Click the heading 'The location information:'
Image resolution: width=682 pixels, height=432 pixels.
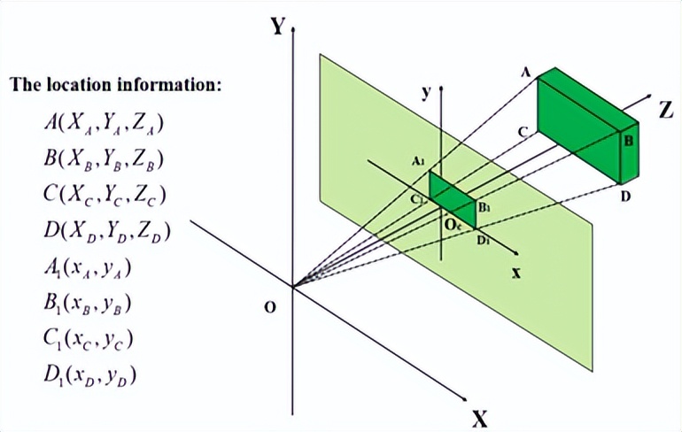coord(115,86)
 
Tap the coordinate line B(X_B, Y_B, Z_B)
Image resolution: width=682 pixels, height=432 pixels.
coord(105,158)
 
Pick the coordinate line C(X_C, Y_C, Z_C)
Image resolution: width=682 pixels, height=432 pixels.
coord(105,195)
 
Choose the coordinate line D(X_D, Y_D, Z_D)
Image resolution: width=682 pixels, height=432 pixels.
coord(105,231)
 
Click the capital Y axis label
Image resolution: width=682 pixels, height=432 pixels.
coord(278,27)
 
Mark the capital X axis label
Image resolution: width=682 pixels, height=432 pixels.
coord(479,417)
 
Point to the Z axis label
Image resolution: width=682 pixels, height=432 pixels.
coord(666,109)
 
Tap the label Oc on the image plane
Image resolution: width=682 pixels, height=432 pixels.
coord(453,227)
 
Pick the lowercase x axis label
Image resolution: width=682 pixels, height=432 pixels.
coord(515,272)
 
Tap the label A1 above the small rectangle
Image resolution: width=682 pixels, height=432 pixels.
coord(419,161)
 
